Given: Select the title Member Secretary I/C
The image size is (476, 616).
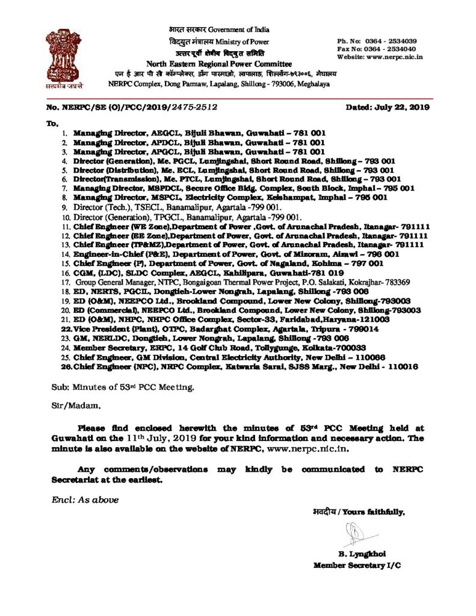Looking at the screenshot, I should pos(357,565).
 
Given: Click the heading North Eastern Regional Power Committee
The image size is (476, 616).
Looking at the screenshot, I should pos(220,64).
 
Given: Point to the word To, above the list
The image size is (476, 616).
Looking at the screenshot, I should pos(53,123).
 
